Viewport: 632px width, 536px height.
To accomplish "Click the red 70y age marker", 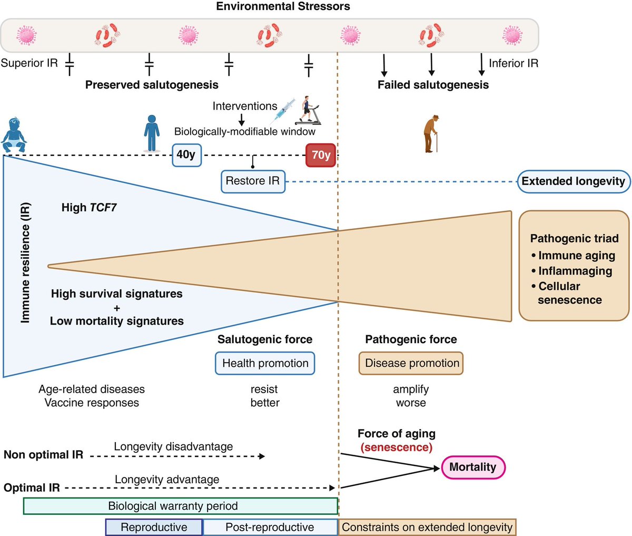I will (321, 155).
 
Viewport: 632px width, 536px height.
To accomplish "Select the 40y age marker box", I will (187, 155).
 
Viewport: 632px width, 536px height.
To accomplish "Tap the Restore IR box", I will (253, 181).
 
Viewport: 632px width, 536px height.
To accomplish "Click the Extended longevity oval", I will (573, 181).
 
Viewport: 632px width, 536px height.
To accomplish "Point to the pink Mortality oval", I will (472, 467).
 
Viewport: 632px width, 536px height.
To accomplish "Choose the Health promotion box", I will (265, 363).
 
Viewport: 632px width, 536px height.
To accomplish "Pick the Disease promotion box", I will (411, 363).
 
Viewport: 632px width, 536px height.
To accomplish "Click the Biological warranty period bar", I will (180, 506).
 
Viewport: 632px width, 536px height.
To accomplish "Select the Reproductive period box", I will (154, 527).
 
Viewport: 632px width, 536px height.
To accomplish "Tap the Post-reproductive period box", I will (270, 527).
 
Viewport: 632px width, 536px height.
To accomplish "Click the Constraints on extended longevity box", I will (427, 527).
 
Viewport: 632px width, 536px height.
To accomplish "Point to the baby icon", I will (13, 136).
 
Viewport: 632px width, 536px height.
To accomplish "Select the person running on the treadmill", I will (307, 110).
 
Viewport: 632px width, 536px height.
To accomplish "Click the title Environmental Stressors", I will (283, 7).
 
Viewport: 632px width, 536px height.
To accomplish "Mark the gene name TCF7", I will (104, 208).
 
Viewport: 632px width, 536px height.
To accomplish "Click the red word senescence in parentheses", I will (396, 447).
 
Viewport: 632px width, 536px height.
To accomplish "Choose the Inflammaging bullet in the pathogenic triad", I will (575, 271).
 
